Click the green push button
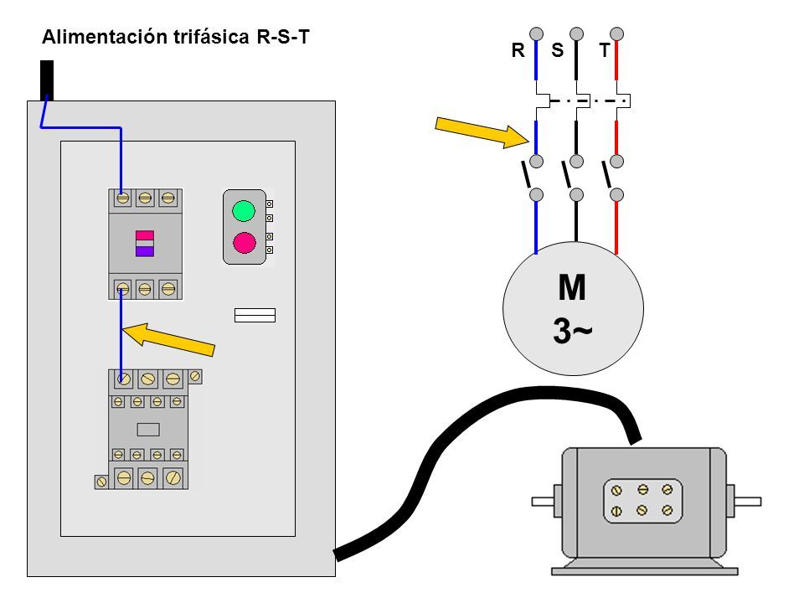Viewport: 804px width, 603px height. (x=244, y=211)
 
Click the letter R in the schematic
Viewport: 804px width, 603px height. (x=518, y=50)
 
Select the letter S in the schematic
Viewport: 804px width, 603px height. (x=558, y=50)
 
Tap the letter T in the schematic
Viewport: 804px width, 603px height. (x=605, y=50)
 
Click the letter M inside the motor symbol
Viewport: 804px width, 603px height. (x=572, y=287)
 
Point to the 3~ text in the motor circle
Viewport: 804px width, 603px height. (x=572, y=331)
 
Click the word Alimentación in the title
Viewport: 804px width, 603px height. (x=105, y=37)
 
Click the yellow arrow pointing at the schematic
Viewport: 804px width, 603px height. (x=482, y=132)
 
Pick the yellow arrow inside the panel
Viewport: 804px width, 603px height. (x=168, y=338)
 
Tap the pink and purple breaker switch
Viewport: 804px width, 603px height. (x=145, y=244)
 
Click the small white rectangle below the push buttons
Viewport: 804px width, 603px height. (x=255, y=316)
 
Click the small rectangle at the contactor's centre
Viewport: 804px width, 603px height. (x=148, y=430)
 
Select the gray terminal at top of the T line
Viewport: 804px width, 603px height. (x=617, y=33)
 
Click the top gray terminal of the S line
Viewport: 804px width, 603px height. (x=577, y=33)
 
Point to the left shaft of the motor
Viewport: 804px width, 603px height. (x=543, y=501)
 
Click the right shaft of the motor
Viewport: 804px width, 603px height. (x=748, y=501)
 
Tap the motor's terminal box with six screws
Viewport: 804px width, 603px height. (x=643, y=501)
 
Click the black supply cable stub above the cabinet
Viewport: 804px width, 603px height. (x=47, y=80)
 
